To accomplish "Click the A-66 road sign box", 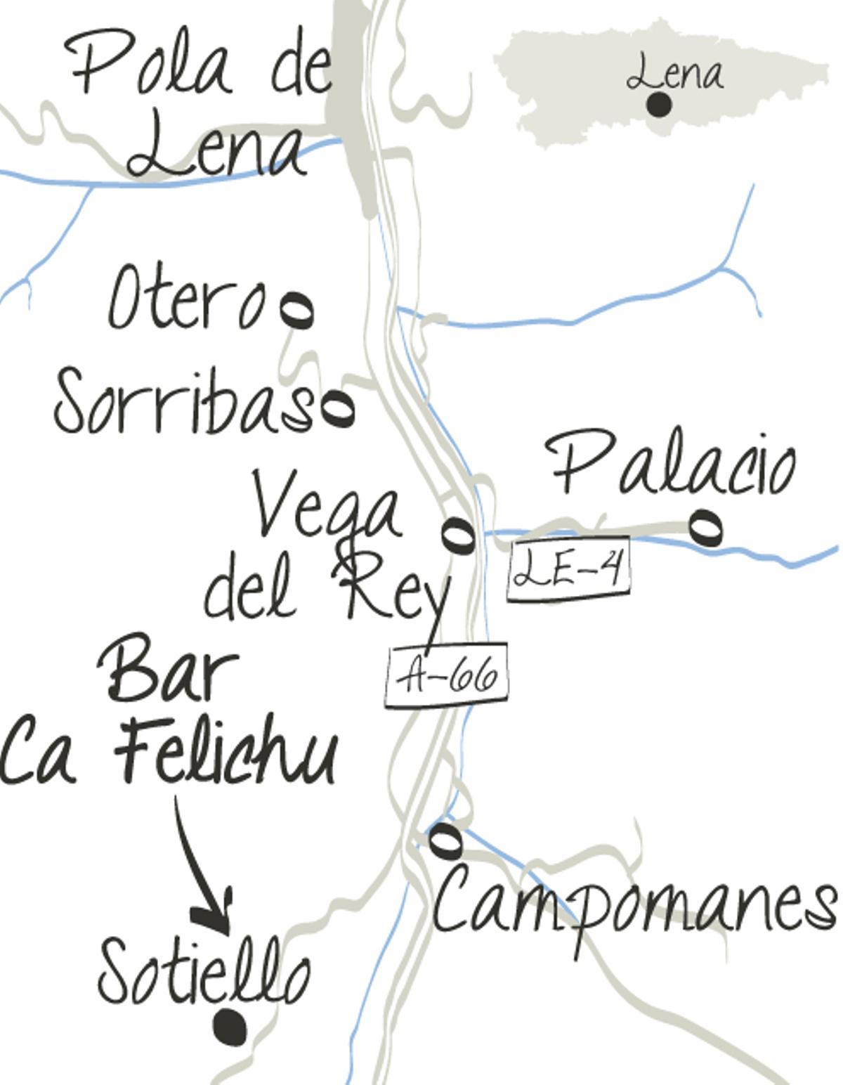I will coord(446,675).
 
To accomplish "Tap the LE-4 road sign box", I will coord(568,570).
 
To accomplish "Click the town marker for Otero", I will coord(296,309).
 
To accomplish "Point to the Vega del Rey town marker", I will coord(459,535).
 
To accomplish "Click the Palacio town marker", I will coord(705,527).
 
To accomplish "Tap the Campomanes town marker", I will coord(445,840).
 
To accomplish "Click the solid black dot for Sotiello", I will coord(230,1027).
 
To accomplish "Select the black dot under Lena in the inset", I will coord(658,105).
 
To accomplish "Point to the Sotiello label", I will coord(204,973).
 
